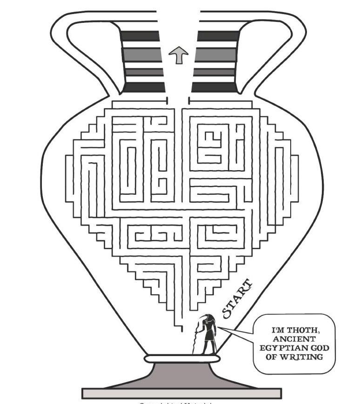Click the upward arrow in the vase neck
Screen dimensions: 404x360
point(178,55)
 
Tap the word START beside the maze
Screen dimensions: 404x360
point(237,299)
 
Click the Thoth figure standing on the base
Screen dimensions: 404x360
point(207,335)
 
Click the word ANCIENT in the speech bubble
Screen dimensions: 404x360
point(294,339)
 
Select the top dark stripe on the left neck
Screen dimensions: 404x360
point(140,36)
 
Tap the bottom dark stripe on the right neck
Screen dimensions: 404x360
point(214,87)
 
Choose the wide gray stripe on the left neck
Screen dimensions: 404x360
point(141,55)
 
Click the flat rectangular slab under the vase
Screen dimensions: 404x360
point(182,393)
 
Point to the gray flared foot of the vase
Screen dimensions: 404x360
point(182,375)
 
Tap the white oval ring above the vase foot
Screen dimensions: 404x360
point(182,359)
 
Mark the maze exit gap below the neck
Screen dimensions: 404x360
point(178,101)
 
